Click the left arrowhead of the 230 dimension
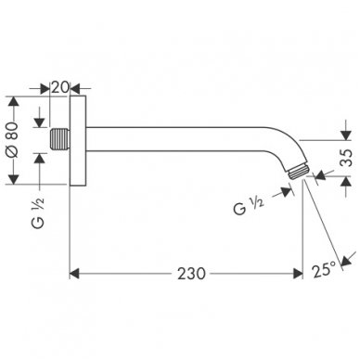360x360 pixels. coord(77,248)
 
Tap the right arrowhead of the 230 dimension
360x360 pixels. coord(298,248)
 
